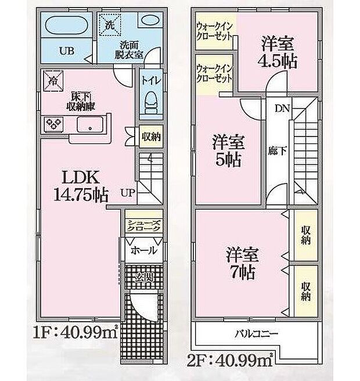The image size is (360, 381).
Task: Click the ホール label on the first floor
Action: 143,250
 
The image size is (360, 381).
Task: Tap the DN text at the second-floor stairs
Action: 282,107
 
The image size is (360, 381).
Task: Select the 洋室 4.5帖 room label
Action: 278,52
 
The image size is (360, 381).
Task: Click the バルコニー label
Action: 257,334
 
